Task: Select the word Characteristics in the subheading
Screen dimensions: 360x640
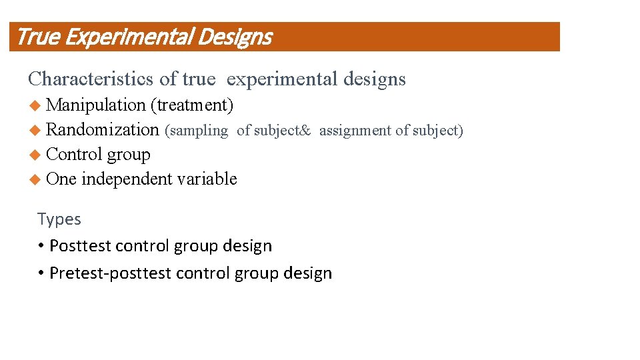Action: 91,79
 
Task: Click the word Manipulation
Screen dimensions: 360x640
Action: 96,105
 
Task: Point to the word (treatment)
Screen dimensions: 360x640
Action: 192,105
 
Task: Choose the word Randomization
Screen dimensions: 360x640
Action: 103,130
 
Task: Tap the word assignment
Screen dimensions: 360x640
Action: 355,131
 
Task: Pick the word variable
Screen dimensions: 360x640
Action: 206,179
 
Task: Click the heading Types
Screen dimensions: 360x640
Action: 59,219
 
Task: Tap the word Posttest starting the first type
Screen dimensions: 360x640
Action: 80,246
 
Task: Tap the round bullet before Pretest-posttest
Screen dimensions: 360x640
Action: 41,273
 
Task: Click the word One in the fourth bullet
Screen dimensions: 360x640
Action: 61,179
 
